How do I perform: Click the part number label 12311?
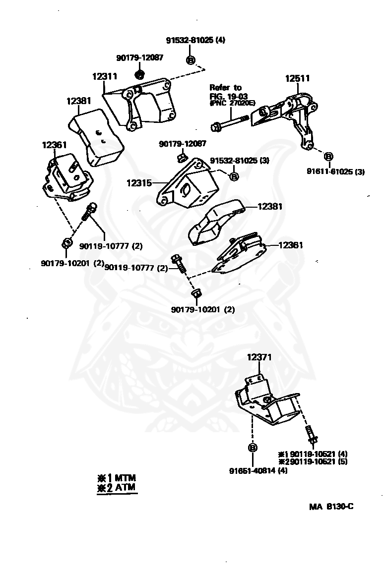104,77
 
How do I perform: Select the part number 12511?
297,78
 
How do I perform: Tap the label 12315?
139,182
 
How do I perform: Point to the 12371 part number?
259,357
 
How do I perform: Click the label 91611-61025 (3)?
335,172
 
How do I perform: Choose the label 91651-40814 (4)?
258,470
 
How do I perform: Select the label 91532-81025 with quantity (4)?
195,40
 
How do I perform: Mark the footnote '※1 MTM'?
117,478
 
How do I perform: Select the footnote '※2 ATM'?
117,487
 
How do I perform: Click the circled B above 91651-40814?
252,448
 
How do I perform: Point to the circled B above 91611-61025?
328,157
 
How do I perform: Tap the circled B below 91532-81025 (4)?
191,60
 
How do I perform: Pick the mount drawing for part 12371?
266,401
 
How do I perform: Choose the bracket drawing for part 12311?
144,106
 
